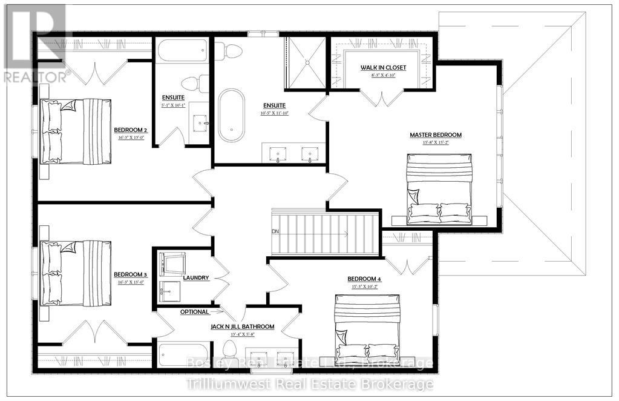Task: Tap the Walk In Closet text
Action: (383, 67)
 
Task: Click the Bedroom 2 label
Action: (131, 130)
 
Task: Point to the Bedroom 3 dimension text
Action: (131, 282)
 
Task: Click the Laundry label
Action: (197, 278)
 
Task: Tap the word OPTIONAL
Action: (194, 312)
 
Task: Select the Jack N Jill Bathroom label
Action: (242, 326)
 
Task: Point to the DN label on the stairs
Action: (275, 231)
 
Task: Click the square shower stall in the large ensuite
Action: (306, 62)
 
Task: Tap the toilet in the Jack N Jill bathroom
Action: (231, 350)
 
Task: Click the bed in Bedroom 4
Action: (368, 328)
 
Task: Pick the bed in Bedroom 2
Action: (76, 131)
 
